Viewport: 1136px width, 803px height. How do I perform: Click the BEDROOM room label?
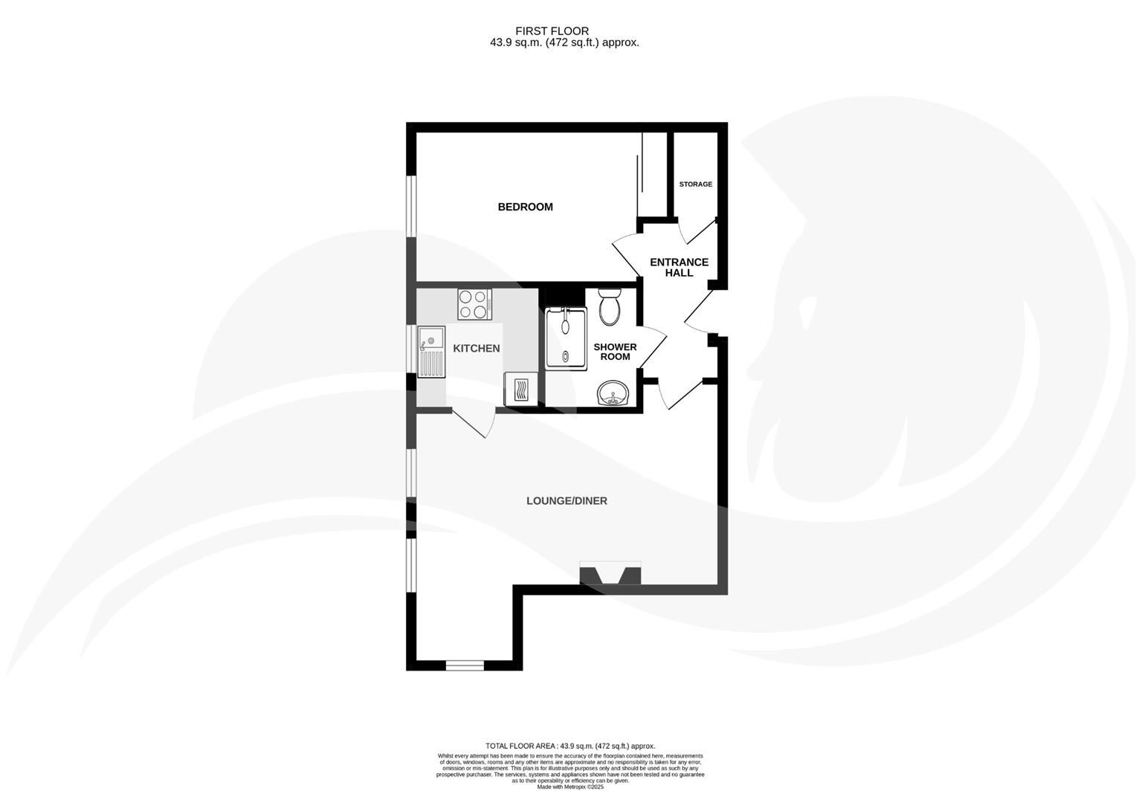[x=525, y=207]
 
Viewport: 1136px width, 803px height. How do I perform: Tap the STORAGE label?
[x=695, y=184]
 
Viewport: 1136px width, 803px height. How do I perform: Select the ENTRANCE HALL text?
[x=679, y=267]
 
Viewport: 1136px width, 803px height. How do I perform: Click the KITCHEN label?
[x=476, y=348]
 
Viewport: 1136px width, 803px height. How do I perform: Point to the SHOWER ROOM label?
[x=615, y=352]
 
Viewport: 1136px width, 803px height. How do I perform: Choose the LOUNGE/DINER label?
[x=567, y=500]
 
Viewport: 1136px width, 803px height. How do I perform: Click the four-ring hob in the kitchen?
[x=474, y=304]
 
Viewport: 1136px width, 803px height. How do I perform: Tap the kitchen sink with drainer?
[x=430, y=352]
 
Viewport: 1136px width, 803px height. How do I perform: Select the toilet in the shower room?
[x=611, y=306]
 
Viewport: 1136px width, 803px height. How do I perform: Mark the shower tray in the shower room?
[x=566, y=338]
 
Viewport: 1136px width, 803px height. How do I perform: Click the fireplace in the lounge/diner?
[x=610, y=574]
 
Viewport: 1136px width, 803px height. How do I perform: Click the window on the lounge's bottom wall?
[x=464, y=665]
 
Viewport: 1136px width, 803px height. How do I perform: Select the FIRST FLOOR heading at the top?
[x=552, y=30]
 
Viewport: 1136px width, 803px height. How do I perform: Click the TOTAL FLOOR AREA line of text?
[x=569, y=746]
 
